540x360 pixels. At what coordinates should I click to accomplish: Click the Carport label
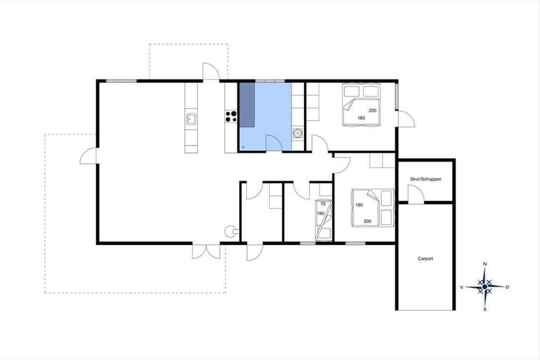point(425,258)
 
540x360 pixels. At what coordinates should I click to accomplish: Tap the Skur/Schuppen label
point(426,179)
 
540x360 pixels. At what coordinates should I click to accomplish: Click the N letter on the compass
point(485,264)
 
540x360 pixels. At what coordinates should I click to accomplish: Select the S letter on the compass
point(485,309)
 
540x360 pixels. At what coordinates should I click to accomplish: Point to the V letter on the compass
point(461,287)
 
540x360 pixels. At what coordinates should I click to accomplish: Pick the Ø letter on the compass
point(508,287)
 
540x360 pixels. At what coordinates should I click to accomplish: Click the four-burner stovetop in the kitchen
point(231,116)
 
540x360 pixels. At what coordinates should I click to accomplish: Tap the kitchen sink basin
point(191,119)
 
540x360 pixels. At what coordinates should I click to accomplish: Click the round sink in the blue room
point(298,133)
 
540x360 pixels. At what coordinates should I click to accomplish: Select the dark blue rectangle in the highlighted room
point(247,105)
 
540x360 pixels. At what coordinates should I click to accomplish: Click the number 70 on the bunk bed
point(323,204)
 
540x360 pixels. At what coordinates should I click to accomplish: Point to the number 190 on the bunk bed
point(320,213)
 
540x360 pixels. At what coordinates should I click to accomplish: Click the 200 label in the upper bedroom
point(373,110)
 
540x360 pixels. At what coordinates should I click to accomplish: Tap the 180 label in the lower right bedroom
point(359,205)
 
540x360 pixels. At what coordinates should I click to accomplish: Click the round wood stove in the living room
point(230,231)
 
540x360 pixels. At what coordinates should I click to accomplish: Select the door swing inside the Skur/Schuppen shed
point(416,194)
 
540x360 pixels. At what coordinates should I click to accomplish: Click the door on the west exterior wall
point(88,156)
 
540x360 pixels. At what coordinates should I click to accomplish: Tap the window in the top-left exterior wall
point(121,81)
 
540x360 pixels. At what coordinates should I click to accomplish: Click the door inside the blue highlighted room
point(274,143)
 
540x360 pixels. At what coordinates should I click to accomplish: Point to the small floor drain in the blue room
point(243,147)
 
